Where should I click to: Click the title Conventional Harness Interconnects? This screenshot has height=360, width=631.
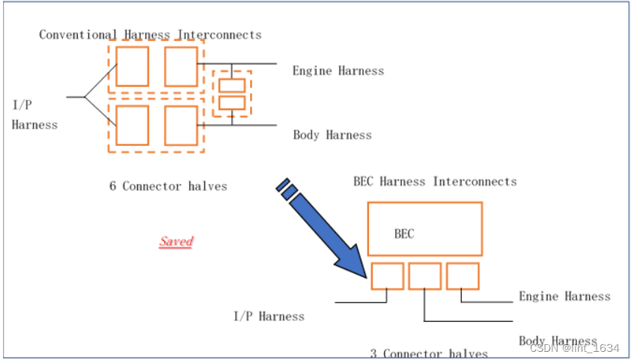[x=150, y=34]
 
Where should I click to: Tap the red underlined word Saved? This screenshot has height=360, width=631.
[x=176, y=241]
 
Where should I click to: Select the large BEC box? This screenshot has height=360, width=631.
[x=424, y=228]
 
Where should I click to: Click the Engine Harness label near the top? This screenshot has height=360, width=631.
[x=338, y=71]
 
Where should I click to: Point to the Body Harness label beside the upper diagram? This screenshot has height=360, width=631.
[x=332, y=135]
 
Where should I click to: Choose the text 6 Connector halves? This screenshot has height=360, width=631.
[x=168, y=186]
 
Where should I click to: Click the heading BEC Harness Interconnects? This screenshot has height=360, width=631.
[x=434, y=181]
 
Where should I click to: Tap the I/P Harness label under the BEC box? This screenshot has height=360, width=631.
[x=269, y=316]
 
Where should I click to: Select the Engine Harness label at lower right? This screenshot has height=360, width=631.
[x=564, y=296]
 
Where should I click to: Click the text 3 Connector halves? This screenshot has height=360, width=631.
[x=428, y=353]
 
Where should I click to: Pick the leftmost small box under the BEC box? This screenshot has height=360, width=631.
[x=387, y=275]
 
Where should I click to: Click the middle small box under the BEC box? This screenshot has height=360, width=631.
[x=424, y=275]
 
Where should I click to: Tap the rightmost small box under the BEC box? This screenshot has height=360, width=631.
[x=463, y=275]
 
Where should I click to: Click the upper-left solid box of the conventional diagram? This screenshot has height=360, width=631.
[x=132, y=66]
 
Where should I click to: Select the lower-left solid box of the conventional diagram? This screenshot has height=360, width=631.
[x=132, y=125]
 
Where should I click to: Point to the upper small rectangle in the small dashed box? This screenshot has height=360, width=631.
[x=231, y=85]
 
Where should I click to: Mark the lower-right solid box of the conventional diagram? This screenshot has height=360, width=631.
[x=180, y=125]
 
